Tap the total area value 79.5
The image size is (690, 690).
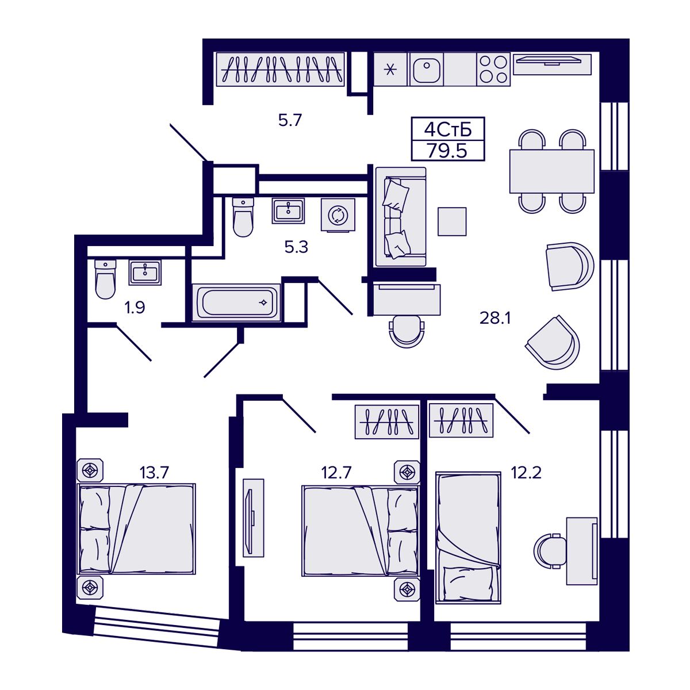coord(447,150)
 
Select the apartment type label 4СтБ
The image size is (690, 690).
coord(447,129)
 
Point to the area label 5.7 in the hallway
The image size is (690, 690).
coord(290,121)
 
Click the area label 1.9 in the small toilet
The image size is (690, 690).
coord(135,308)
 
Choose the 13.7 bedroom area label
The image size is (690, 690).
coord(154,473)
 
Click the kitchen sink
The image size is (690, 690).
coord(426,70)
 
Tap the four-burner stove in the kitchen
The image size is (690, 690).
coord(493,70)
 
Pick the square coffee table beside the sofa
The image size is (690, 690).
coord(452,221)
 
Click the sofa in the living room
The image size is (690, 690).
coord(400,217)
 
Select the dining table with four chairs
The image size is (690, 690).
coord(551,171)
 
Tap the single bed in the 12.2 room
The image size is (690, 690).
coord(467,537)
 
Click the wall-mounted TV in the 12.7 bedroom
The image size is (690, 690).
coord(252,517)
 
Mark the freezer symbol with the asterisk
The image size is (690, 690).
coord(390,70)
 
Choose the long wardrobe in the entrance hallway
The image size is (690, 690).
coord(280,69)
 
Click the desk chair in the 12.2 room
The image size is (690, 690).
coord(549,551)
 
